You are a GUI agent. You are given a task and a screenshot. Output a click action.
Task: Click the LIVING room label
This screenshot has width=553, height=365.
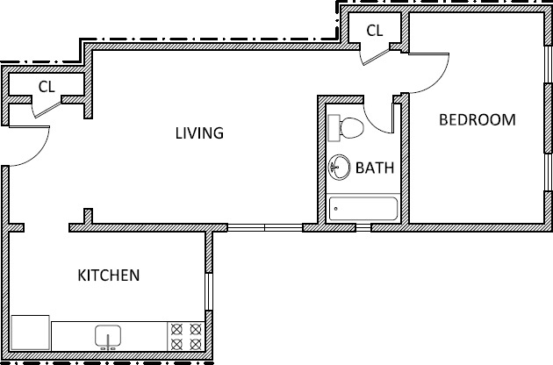(199, 133)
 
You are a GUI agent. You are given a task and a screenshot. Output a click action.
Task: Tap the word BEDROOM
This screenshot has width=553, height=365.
(477, 120)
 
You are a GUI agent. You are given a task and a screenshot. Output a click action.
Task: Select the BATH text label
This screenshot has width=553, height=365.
(374, 167)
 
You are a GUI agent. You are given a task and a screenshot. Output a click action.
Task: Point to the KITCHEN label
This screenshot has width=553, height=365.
(109, 276)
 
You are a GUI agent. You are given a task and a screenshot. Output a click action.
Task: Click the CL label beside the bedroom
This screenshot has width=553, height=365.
(375, 30)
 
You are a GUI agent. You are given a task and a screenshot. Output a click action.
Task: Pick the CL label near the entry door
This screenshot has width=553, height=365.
(47, 86)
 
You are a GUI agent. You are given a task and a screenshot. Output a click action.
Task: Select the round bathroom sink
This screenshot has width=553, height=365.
(339, 167)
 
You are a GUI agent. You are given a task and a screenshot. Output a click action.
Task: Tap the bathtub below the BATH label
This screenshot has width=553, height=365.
(363, 209)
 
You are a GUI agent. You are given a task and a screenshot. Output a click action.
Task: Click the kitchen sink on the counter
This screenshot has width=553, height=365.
(108, 336)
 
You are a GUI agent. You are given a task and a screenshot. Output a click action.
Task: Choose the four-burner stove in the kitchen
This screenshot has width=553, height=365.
(185, 335)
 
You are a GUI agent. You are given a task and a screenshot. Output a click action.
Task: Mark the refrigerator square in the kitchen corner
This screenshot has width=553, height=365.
(30, 333)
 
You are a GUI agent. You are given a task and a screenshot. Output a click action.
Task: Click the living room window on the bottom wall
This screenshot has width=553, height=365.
(264, 228)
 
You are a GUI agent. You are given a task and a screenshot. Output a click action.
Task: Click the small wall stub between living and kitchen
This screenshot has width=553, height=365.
(87, 217)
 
